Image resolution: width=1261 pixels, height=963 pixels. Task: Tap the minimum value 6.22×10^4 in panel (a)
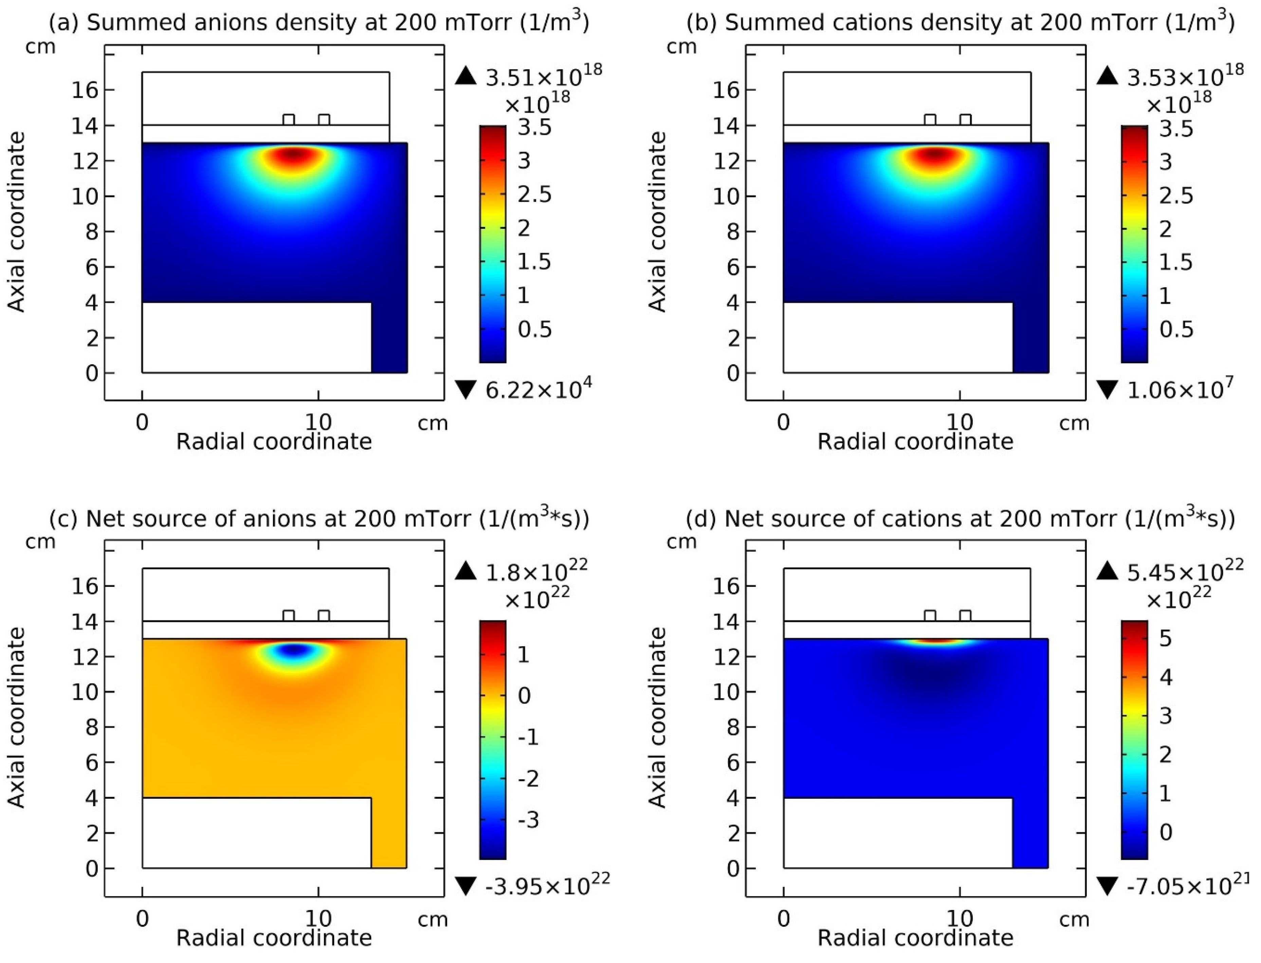point(538,390)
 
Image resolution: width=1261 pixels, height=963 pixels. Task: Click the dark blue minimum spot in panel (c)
point(294,649)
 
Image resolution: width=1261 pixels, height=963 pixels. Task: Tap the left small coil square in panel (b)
point(930,119)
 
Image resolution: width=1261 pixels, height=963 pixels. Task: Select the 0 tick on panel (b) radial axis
point(783,423)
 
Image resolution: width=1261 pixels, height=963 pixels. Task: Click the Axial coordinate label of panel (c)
point(17,718)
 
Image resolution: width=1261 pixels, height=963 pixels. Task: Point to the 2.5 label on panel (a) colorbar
point(534,195)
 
